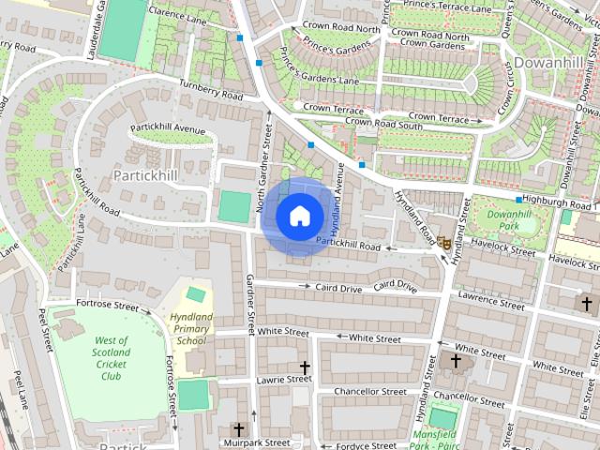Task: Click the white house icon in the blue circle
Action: click(x=299, y=215)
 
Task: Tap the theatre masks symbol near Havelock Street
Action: click(x=444, y=241)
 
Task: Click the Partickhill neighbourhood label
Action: click(x=145, y=175)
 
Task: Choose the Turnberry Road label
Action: click(x=212, y=90)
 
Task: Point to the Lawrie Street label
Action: click(x=283, y=379)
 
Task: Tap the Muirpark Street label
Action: click(x=259, y=442)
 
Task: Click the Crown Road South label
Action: click(x=384, y=124)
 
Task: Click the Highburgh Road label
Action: click(x=559, y=202)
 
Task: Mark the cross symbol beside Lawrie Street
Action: click(x=304, y=367)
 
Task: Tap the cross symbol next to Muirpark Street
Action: click(x=238, y=429)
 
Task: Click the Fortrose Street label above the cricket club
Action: click(x=107, y=305)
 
